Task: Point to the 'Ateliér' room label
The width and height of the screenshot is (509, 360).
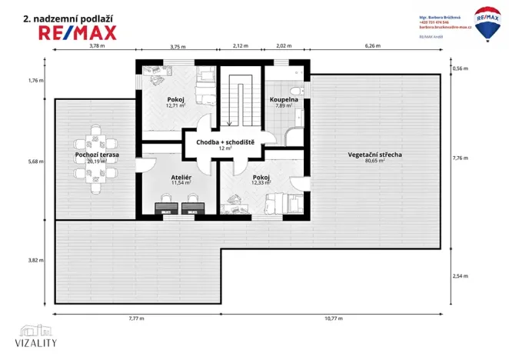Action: tap(181, 177)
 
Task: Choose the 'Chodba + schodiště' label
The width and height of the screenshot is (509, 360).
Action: tap(225, 142)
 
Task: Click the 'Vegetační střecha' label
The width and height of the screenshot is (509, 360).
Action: tap(375, 155)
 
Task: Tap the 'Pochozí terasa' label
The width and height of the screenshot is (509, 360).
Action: tap(97, 155)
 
